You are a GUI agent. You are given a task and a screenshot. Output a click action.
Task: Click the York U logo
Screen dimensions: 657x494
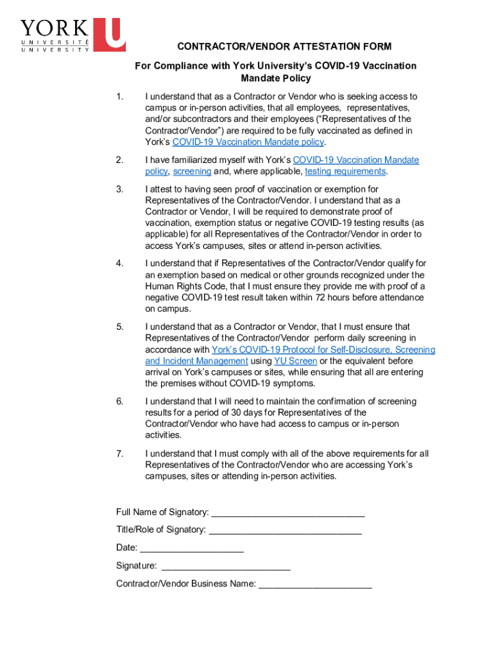coord(72,35)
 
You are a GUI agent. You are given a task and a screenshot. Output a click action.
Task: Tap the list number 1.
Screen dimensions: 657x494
coord(119,97)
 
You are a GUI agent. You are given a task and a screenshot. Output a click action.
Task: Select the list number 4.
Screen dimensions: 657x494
coord(119,264)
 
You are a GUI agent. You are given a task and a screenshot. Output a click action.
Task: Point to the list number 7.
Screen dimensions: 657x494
coord(119,454)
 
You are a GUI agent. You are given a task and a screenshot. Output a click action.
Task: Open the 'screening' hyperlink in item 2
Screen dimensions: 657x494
coord(192,172)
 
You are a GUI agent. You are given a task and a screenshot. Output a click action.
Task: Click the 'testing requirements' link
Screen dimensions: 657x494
coord(345,172)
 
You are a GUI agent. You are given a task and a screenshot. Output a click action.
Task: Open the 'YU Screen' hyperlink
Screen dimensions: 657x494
coord(295,361)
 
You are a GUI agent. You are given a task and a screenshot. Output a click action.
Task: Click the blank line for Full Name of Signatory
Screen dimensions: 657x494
coord(288,512)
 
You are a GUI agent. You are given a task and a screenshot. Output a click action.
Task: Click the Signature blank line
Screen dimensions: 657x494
coord(226,566)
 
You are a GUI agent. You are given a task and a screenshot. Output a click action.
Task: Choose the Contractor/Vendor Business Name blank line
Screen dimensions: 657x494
coord(315,584)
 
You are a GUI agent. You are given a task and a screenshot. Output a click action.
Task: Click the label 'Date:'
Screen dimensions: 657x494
coord(126,548)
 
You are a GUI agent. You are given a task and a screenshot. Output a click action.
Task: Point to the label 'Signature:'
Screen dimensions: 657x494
coord(136,566)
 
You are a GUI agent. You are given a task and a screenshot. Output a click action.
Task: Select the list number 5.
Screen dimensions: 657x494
coord(119,327)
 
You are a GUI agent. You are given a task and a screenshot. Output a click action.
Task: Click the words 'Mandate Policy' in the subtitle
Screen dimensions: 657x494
coord(275,78)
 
